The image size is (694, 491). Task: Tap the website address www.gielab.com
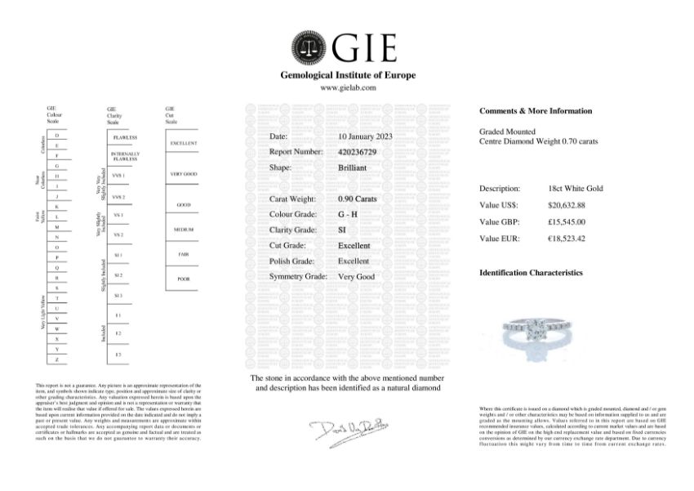[x=348, y=87]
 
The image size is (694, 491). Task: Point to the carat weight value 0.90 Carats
[x=357, y=199]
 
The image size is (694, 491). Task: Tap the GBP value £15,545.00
[x=567, y=221]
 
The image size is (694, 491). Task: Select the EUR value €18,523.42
[x=568, y=238]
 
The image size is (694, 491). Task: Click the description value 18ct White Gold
[x=576, y=189]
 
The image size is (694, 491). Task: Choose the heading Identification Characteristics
[x=531, y=273]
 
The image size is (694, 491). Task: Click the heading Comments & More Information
[x=536, y=111]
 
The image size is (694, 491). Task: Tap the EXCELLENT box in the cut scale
[x=182, y=143]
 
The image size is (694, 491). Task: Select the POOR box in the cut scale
[x=182, y=279]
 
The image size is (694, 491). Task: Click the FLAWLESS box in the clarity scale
[x=126, y=138]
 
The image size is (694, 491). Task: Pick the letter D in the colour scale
[x=56, y=135]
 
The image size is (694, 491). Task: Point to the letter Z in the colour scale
[x=56, y=359]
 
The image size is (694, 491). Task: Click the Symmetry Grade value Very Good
[x=356, y=277]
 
